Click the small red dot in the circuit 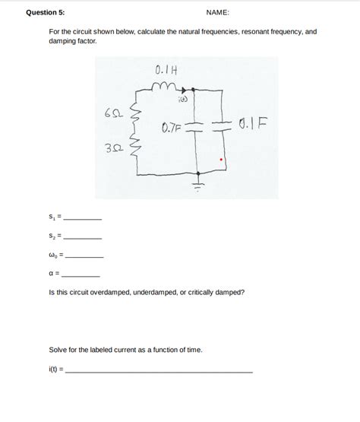click(221, 160)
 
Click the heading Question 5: click(46, 13)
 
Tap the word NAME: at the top click(217, 13)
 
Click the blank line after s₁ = click(83, 219)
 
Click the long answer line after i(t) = click(159, 370)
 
